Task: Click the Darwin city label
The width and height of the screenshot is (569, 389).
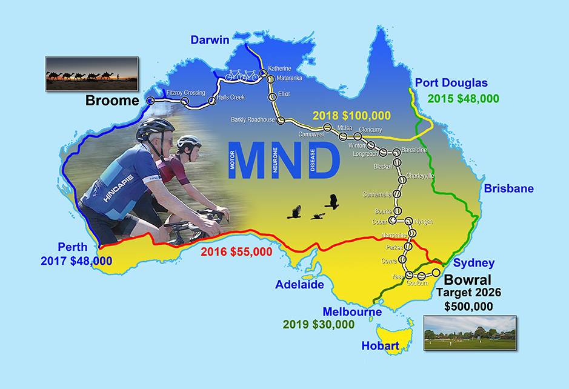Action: pyautogui.click(x=210, y=40)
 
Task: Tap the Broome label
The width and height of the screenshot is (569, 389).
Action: pyautogui.click(x=112, y=101)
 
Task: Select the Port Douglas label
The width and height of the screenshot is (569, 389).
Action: pyautogui.click(x=451, y=83)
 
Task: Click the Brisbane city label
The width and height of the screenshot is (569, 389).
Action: pyautogui.click(x=508, y=188)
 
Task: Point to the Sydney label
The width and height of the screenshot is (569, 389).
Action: pyautogui.click(x=474, y=263)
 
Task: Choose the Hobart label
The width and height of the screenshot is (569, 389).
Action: pyautogui.click(x=380, y=346)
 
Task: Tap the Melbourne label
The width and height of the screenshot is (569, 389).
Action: pyautogui.click(x=352, y=311)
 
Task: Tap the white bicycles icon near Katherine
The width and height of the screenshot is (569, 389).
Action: pyautogui.click(x=242, y=76)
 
